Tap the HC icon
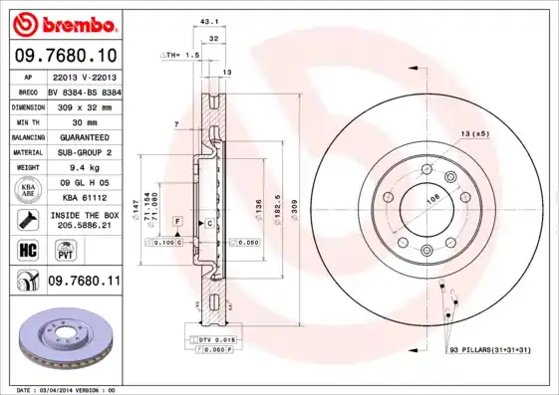pyautogui.click(x=27, y=249)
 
